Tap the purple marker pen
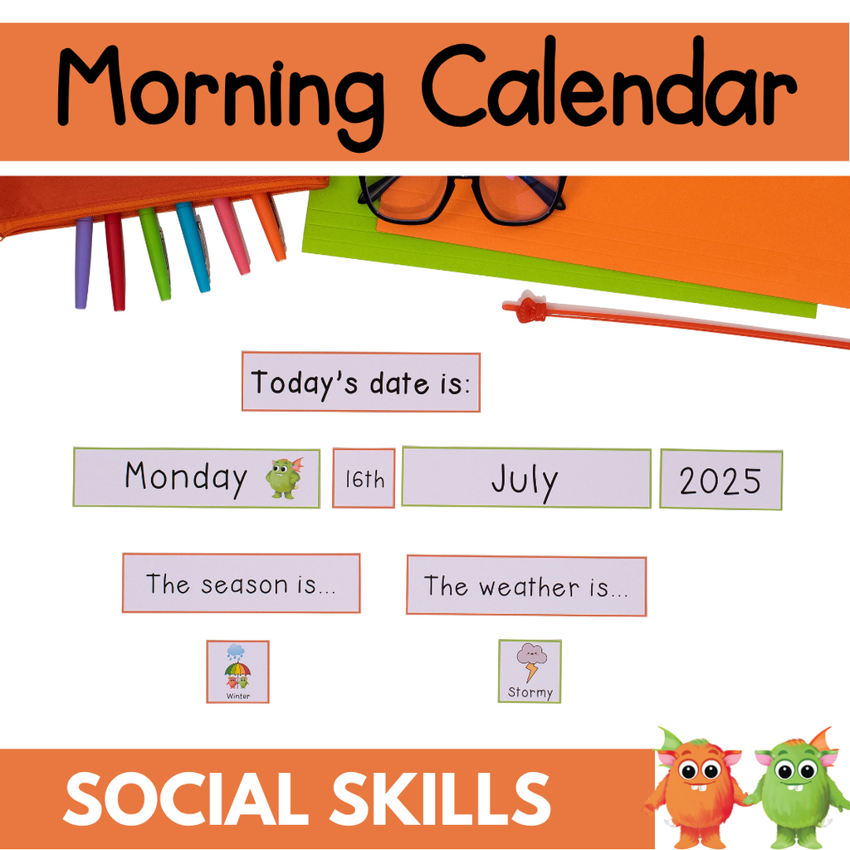(x=83, y=263)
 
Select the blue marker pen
(x=193, y=247)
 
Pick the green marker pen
(x=155, y=253)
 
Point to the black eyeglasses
(x=462, y=199)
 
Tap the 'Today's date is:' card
(x=361, y=382)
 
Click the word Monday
(x=186, y=477)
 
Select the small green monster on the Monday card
(x=283, y=478)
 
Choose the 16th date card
(x=364, y=478)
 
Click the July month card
(x=525, y=479)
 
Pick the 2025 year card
(x=721, y=480)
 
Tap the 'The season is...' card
(x=241, y=584)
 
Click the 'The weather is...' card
(x=526, y=586)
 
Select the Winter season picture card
(x=238, y=672)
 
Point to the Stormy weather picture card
(x=530, y=671)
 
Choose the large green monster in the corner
(x=797, y=789)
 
